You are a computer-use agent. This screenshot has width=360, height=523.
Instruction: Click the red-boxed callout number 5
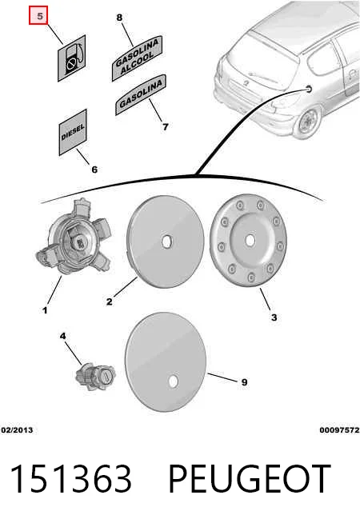[x=38, y=16]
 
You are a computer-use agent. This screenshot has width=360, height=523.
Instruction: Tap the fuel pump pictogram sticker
[x=72, y=58]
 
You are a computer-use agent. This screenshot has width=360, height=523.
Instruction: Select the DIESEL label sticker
[x=73, y=133]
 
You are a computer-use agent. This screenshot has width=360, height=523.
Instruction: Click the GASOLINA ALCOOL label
[x=137, y=58]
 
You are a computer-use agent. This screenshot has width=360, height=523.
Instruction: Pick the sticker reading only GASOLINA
[x=141, y=94]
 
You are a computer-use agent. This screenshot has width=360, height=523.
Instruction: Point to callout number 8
[x=119, y=18]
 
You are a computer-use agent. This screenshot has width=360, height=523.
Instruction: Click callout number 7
[x=165, y=126]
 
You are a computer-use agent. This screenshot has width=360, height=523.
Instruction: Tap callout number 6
[x=94, y=170]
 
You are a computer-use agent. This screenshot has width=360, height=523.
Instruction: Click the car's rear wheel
[x=309, y=122]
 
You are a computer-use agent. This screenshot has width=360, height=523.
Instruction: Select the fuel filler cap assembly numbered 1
[x=74, y=237]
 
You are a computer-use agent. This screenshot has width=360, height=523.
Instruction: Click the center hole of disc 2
[x=166, y=242]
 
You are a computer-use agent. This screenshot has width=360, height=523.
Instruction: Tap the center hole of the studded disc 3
[x=250, y=240]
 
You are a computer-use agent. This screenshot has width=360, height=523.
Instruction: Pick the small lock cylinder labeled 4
[x=95, y=376]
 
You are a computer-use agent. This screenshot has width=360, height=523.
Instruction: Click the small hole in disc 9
[x=173, y=382]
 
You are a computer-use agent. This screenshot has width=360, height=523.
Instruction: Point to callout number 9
[x=244, y=382]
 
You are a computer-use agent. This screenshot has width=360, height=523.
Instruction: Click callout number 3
[x=274, y=317]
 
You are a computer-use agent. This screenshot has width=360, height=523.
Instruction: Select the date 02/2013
[x=17, y=430]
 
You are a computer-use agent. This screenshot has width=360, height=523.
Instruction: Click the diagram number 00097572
[x=340, y=430]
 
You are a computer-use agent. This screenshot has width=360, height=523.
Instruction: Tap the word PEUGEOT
[x=250, y=479]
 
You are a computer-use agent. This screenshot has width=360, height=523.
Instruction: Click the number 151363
[x=70, y=479]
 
